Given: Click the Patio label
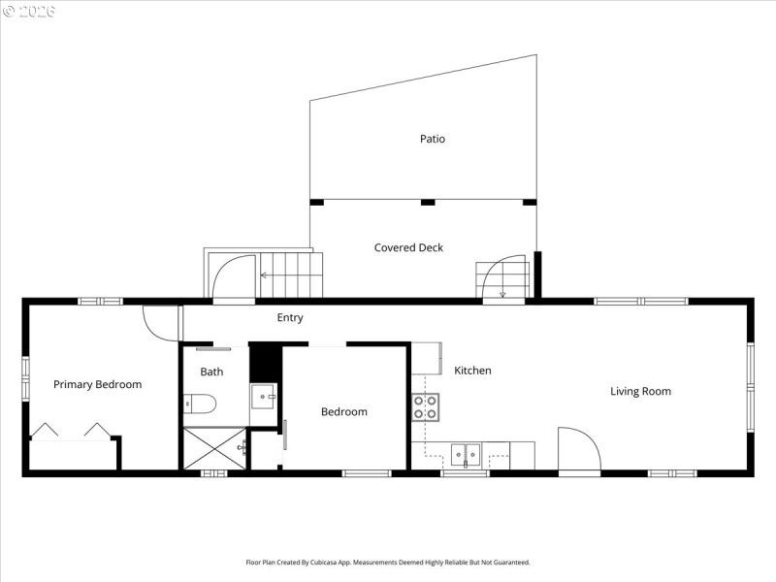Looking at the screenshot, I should click(x=433, y=139).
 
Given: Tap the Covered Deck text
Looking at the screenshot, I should click(x=408, y=247).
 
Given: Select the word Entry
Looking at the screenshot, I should click(x=290, y=317).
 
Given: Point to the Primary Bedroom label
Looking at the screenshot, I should click(x=97, y=384).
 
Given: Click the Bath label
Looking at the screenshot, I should click(x=211, y=372).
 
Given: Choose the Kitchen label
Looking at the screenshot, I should click(x=472, y=371).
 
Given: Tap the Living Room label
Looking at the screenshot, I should click(x=640, y=391).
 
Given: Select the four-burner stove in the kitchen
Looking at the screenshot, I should click(x=426, y=406).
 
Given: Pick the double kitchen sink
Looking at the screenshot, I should click(x=467, y=452).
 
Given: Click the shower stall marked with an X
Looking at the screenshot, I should click(x=213, y=447).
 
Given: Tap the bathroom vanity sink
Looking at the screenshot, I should click(x=264, y=397).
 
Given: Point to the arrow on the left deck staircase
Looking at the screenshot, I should click(x=263, y=275).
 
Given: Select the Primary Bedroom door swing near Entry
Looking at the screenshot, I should click(x=160, y=323).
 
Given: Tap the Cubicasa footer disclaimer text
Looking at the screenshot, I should click(x=388, y=562).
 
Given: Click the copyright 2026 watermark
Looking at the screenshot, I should click(x=29, y=11).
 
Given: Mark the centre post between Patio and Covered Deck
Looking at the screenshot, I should click(x=427, y=203).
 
